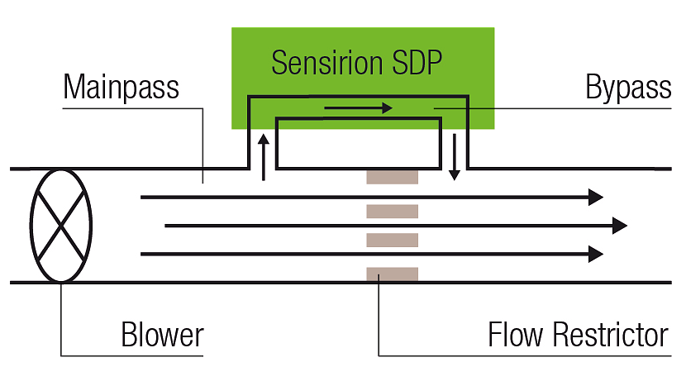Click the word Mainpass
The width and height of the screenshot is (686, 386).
121,87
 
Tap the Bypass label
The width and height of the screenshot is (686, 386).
627,87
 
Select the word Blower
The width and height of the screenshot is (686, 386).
162,336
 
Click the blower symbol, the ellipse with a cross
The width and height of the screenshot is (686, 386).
61,226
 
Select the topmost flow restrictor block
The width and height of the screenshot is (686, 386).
393,177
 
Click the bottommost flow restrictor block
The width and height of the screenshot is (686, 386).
393,274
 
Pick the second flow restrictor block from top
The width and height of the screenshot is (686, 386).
393,211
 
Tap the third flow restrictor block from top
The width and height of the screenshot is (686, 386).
393,241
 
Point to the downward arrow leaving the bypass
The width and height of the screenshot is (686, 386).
454,160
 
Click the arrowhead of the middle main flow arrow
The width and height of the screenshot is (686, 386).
619,226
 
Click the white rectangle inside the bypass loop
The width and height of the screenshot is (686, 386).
357,143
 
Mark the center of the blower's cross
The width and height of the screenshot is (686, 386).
61,226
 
